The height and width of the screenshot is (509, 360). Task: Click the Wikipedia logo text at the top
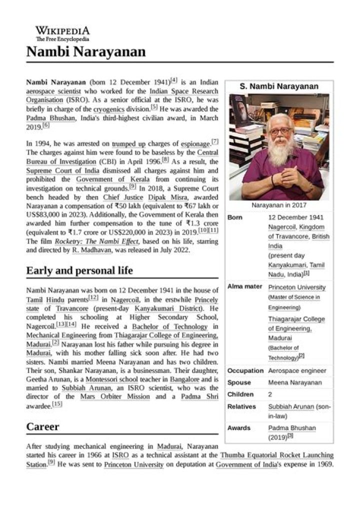tap(62, 31)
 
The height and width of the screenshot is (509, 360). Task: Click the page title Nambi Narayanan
tap(86, 51)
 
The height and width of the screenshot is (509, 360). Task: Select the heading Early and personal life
tap(79, 270)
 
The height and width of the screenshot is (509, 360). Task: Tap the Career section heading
tap(42, 426)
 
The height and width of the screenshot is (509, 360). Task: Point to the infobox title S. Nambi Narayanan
tap(279, 86)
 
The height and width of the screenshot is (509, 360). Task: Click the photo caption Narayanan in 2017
tap(279, 205)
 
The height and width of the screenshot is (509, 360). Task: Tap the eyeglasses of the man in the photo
tap(279, 131)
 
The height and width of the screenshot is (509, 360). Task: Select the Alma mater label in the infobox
tap(244, 287)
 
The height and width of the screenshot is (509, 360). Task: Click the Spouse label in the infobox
tap(239, 382)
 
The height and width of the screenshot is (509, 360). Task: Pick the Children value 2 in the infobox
tap(270, 394)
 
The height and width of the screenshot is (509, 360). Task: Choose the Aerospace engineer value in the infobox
tap(297, 370)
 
